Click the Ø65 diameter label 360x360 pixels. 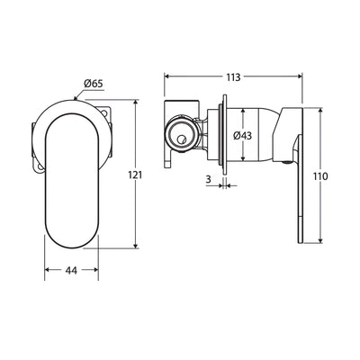click(94, 83)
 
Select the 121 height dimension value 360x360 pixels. click(135, 175)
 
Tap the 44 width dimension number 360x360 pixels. click(71, 270)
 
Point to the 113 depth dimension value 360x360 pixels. click(233, 77)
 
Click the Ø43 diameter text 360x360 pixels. click(243, 136)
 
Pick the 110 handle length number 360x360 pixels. click(320, 176)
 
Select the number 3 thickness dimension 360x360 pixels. click(208, 179)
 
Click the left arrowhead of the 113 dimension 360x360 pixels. click(166, 76)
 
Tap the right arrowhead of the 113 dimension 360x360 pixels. click(299, 76)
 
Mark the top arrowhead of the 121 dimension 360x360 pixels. click(136, 103)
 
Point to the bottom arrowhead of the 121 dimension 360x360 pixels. click(136, 245)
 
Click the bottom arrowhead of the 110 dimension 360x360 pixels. click(321, 240)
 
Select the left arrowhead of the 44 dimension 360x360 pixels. click(48, 270)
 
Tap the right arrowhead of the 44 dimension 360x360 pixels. click(95, 270)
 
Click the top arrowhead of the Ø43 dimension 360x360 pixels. click(243, 111)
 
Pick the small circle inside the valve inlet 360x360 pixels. click(181, 139)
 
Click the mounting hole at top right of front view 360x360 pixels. click(105, 113)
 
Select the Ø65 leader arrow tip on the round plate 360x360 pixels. click(75, 98)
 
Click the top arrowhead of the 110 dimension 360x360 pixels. click(321, 111)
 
